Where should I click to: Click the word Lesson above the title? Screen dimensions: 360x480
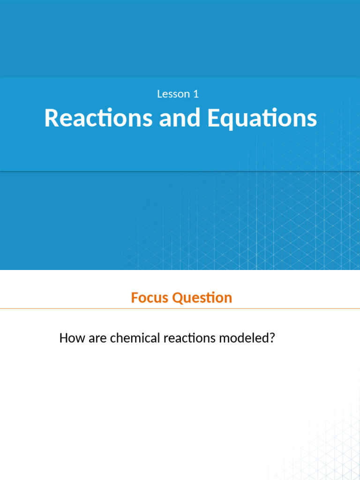(x=173, y=94)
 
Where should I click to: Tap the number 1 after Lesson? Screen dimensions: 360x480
(x=196, y=94)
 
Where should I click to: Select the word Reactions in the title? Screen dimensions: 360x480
(x=98, y=118)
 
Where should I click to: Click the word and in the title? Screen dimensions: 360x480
(x=180, y=118)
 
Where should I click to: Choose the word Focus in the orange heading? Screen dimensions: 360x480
(x=150, y=298)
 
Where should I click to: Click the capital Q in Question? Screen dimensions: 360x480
(x=178, y=298)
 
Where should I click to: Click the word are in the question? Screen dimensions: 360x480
(x=97, y=339)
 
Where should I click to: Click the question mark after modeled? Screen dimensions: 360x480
(x=271, y=338)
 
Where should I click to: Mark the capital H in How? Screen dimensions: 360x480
(x=63, y=338)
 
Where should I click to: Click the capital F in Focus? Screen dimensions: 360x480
(x=135, y=298)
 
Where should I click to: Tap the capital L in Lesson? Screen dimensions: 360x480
(x=160, y=94)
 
